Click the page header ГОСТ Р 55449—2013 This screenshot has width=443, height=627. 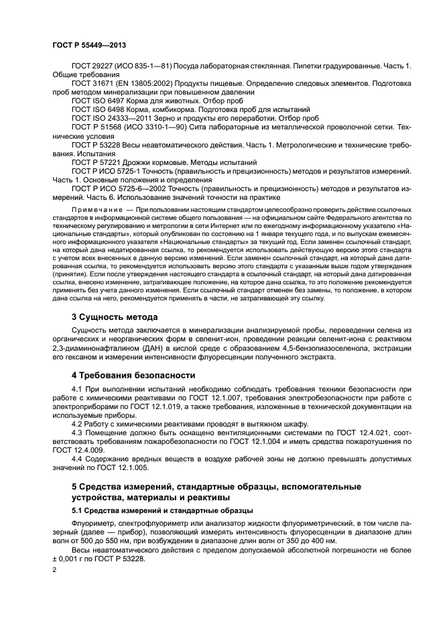coord(89,46)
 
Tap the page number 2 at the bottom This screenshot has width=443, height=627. coord(55,569)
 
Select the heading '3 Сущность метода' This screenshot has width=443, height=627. coord(115,317)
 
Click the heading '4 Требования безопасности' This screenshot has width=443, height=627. coord(133,375)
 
